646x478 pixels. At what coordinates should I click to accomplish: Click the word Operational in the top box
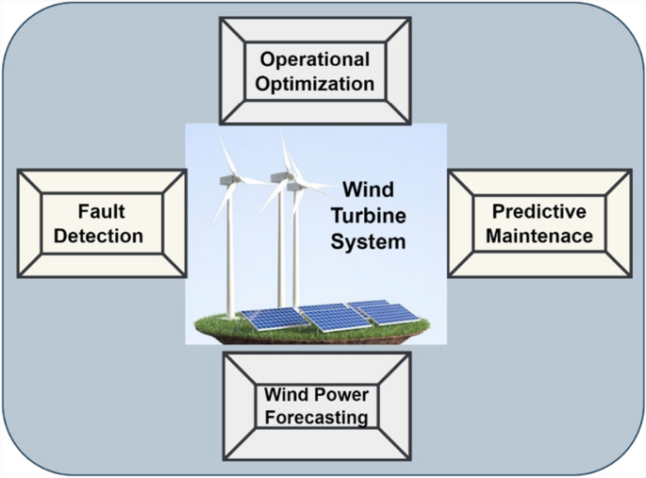tap(316, 59)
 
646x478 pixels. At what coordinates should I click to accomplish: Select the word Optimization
tap(316, 83)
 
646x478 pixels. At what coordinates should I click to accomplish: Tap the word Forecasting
tap(316, 416)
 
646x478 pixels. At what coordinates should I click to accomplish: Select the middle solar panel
tap(335, 318)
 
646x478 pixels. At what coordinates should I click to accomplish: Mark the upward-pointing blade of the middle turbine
tap(287, 151)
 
